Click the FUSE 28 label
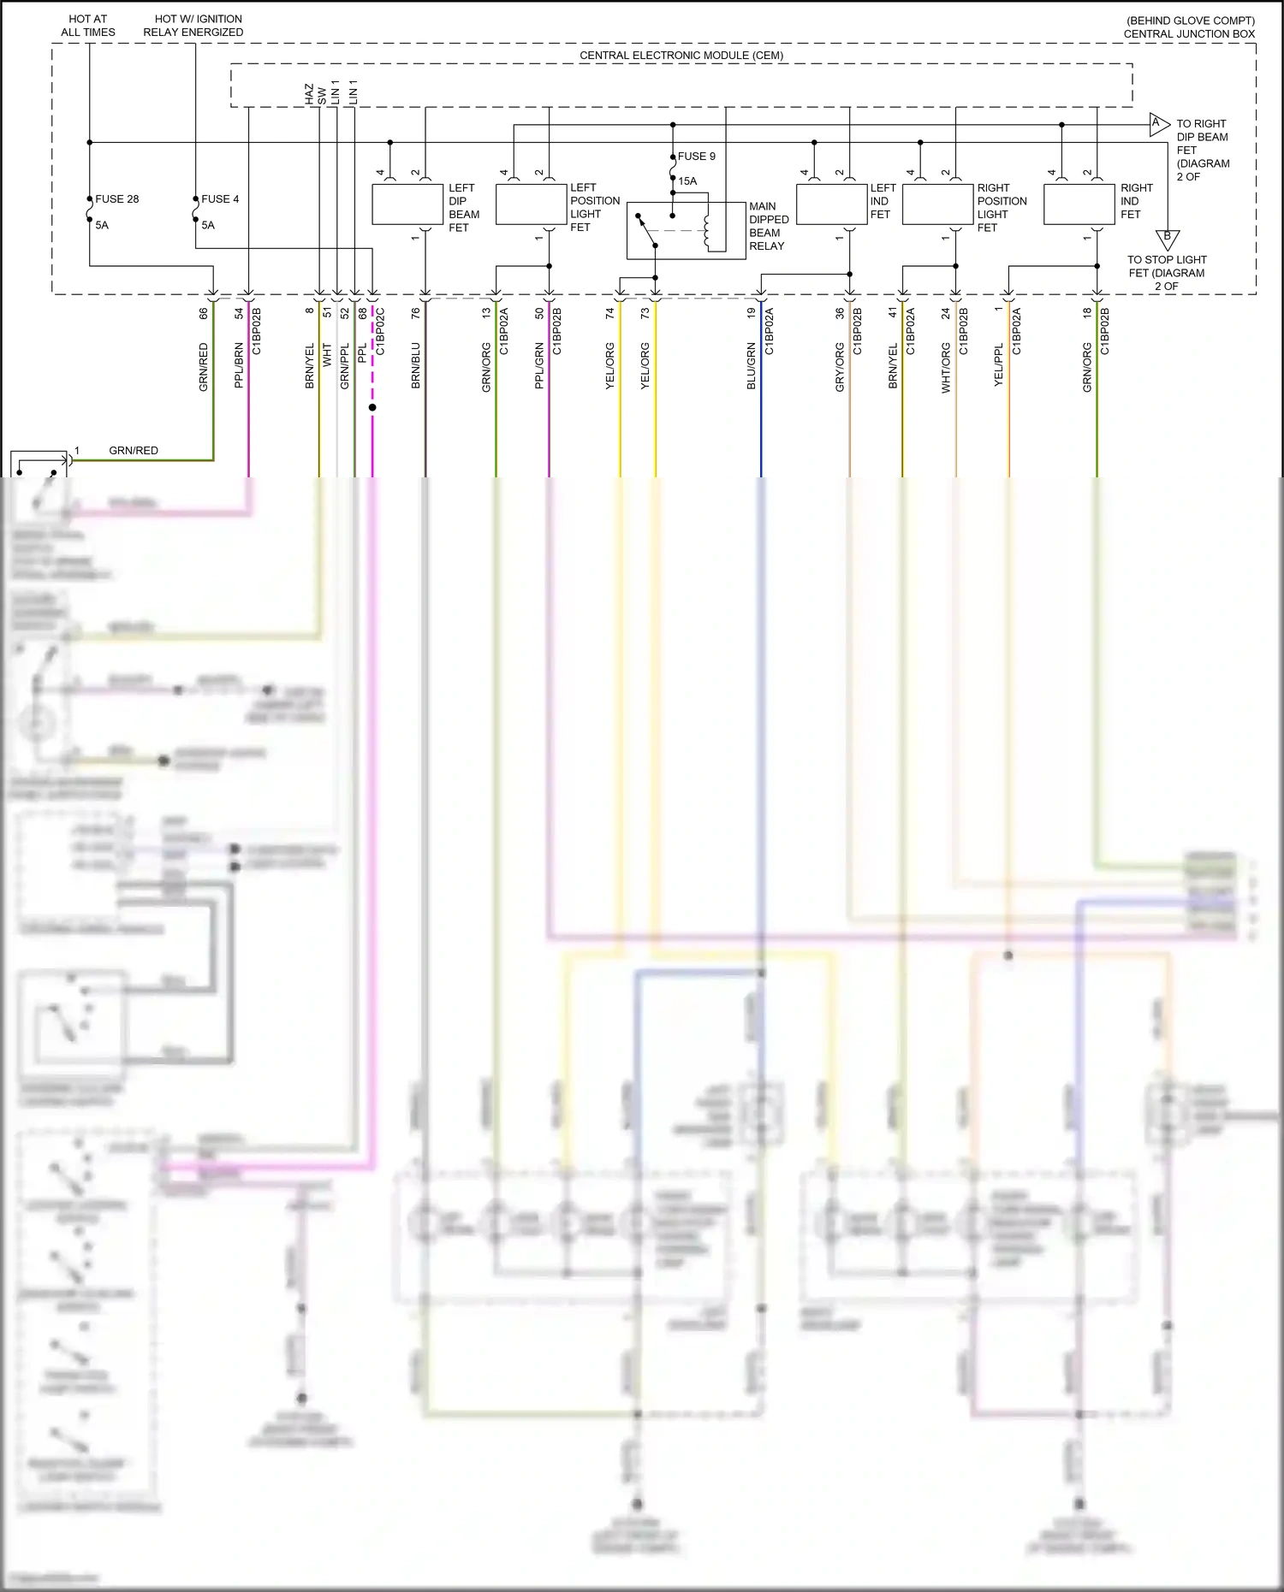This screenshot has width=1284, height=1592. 116,199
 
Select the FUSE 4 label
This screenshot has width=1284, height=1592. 220,199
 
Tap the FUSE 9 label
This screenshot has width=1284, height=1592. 696,157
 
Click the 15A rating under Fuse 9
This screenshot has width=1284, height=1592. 687,181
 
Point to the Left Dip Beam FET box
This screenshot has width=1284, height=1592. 407,205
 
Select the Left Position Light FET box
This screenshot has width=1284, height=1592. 531,205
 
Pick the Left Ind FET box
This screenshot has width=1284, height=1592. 831,205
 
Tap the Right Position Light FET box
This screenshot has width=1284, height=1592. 937,205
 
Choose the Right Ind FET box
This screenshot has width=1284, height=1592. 1079,205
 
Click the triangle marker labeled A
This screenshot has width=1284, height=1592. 1158,124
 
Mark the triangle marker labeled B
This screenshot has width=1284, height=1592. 1167,238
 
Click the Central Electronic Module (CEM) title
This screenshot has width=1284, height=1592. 681,56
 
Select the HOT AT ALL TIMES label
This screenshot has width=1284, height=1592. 87,26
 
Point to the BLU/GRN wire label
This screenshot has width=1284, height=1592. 752,366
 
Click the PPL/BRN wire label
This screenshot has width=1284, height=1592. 239,366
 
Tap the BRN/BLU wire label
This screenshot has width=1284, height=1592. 416,366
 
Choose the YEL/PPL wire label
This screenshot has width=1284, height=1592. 998,366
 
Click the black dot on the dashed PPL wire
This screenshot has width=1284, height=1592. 372,407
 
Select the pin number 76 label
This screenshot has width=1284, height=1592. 416,314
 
